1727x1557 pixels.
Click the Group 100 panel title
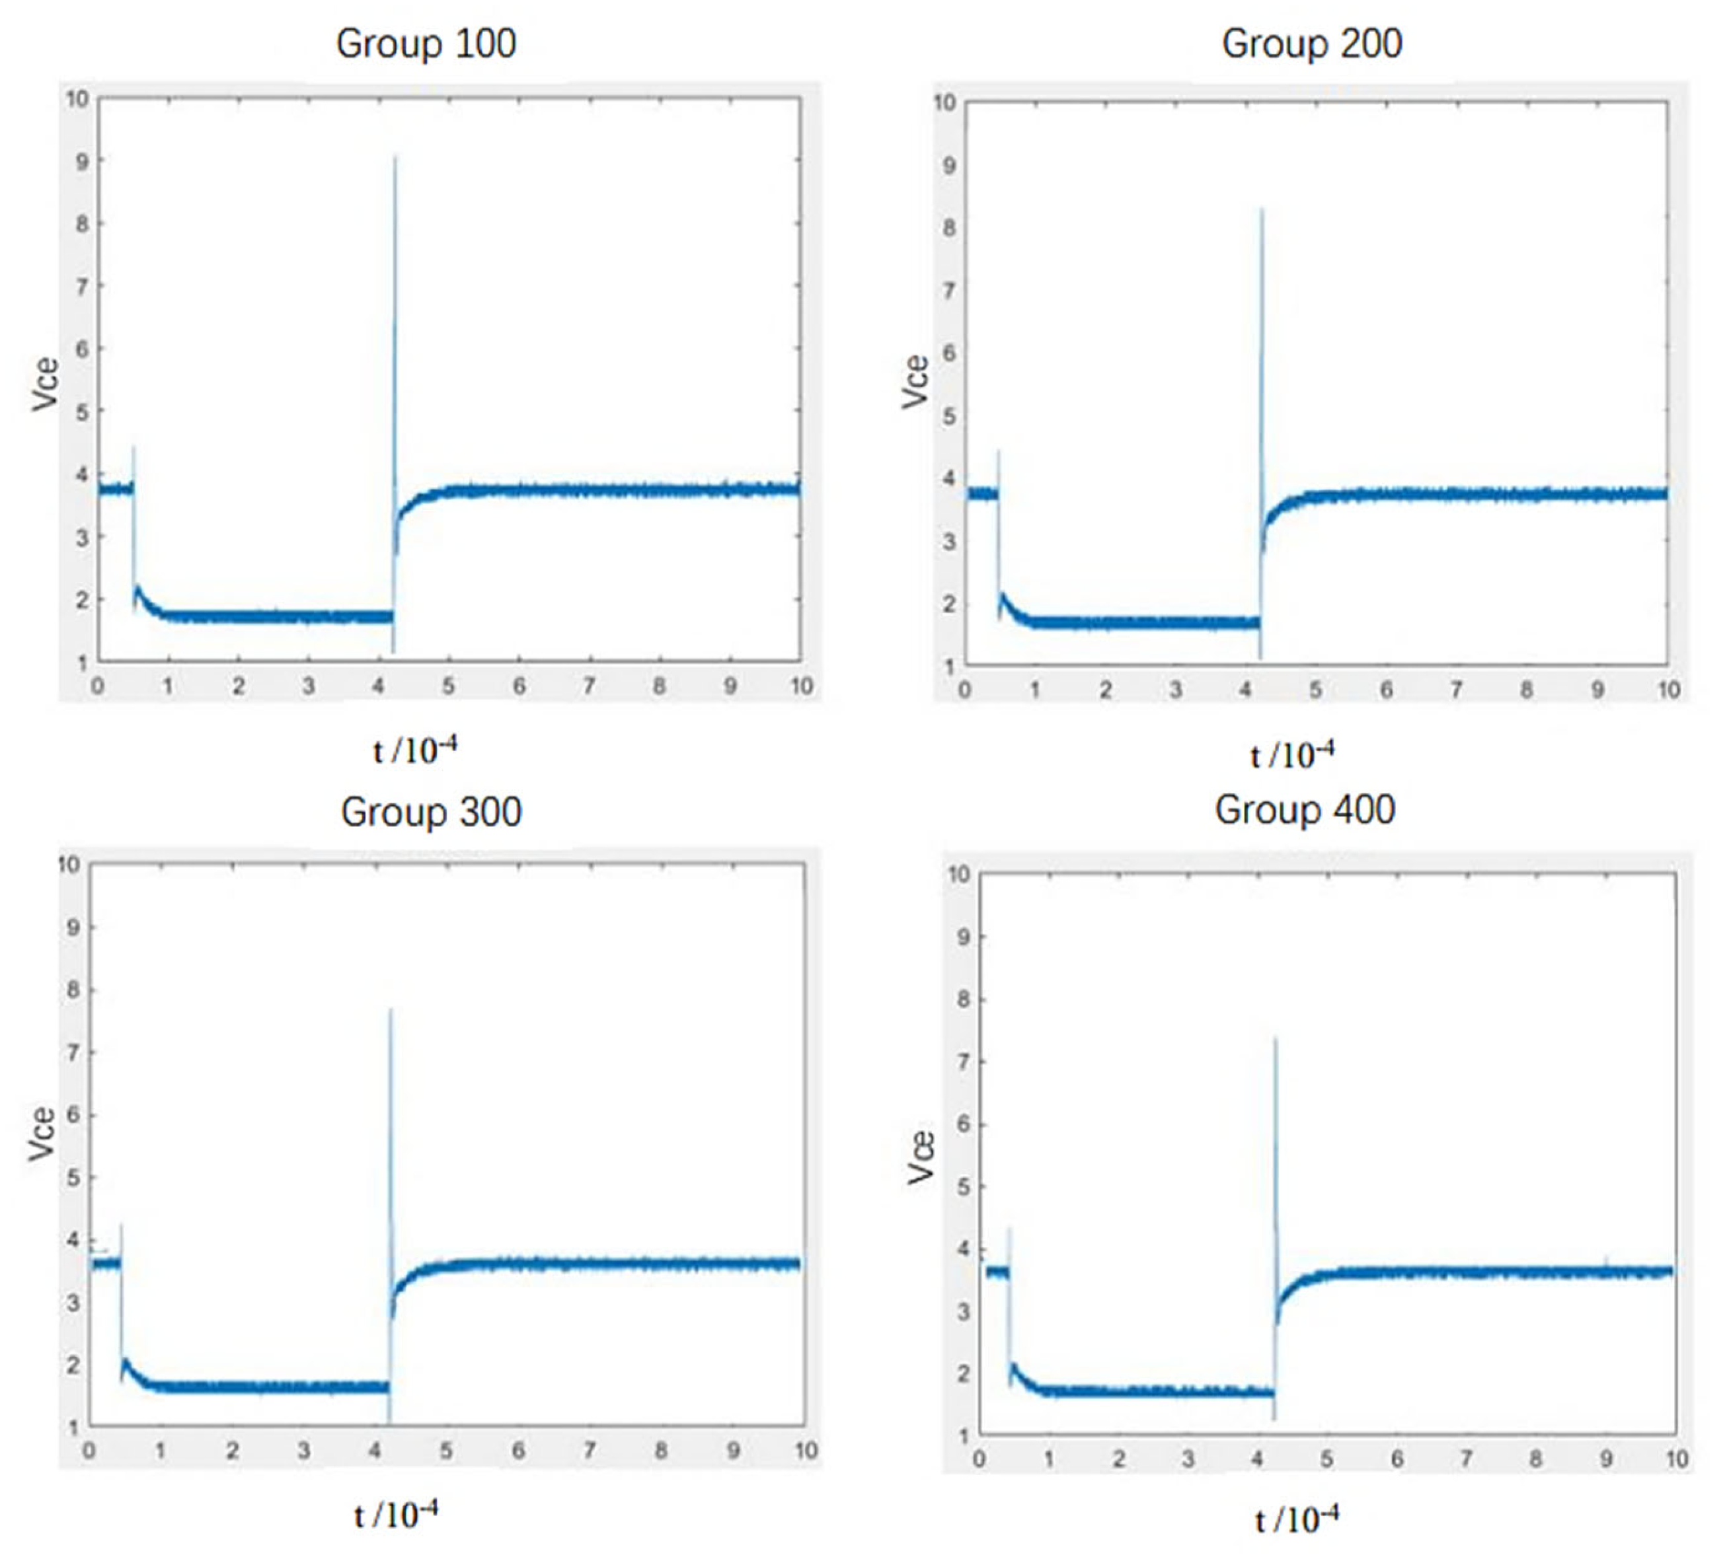click(x=426, y=44)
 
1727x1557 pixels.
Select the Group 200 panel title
click(x=1311, y=44)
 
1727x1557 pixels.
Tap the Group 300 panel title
click(x=430, y=812)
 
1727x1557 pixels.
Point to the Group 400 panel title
click(x=1304, y=809)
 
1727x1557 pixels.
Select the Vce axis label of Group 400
click(x=921, y=1157)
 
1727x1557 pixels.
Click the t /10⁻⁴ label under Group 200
click(x=1291, y=754)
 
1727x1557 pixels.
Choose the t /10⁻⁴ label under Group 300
click(x=395, y=1515)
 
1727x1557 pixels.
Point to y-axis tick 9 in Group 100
click(x=82, y=161)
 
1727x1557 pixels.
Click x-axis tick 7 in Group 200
click(x=1456, y=690)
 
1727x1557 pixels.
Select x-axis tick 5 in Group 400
click(x=1326, y=1459)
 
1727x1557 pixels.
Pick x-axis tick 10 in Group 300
click(x=805, y=1451)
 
